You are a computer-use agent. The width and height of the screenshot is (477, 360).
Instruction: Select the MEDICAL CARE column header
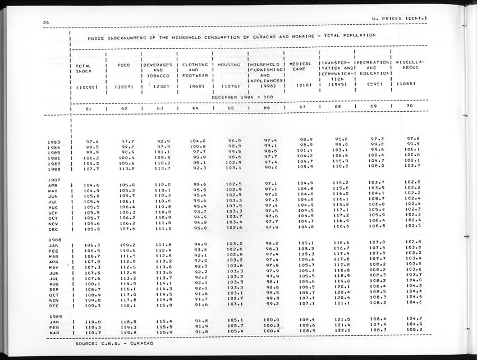click(x=301, y=67)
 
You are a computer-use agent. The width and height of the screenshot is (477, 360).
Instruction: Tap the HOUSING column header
click(x=229, y=65)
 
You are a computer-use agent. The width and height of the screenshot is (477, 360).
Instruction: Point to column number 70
click(x=410, y=106)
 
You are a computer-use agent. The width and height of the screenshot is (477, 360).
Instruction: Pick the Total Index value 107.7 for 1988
click(x=91, y=168)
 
